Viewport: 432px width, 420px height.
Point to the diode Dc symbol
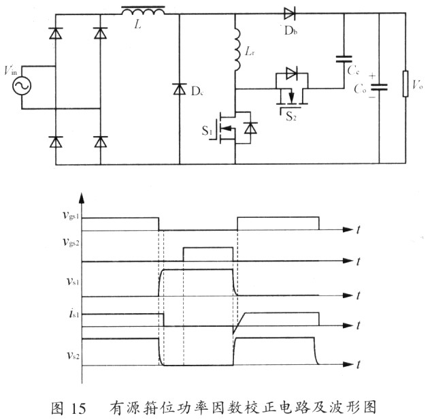[x=180, y=88]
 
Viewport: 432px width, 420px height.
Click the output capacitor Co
[x=379, y=88]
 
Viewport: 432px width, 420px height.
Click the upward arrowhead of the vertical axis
[x=82, y=198]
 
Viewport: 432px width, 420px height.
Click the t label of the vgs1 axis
[x=358, y=230]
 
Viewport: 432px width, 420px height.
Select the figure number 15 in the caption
[x=78, y=408]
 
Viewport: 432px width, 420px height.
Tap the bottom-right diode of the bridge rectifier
[x=101, y=142]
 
